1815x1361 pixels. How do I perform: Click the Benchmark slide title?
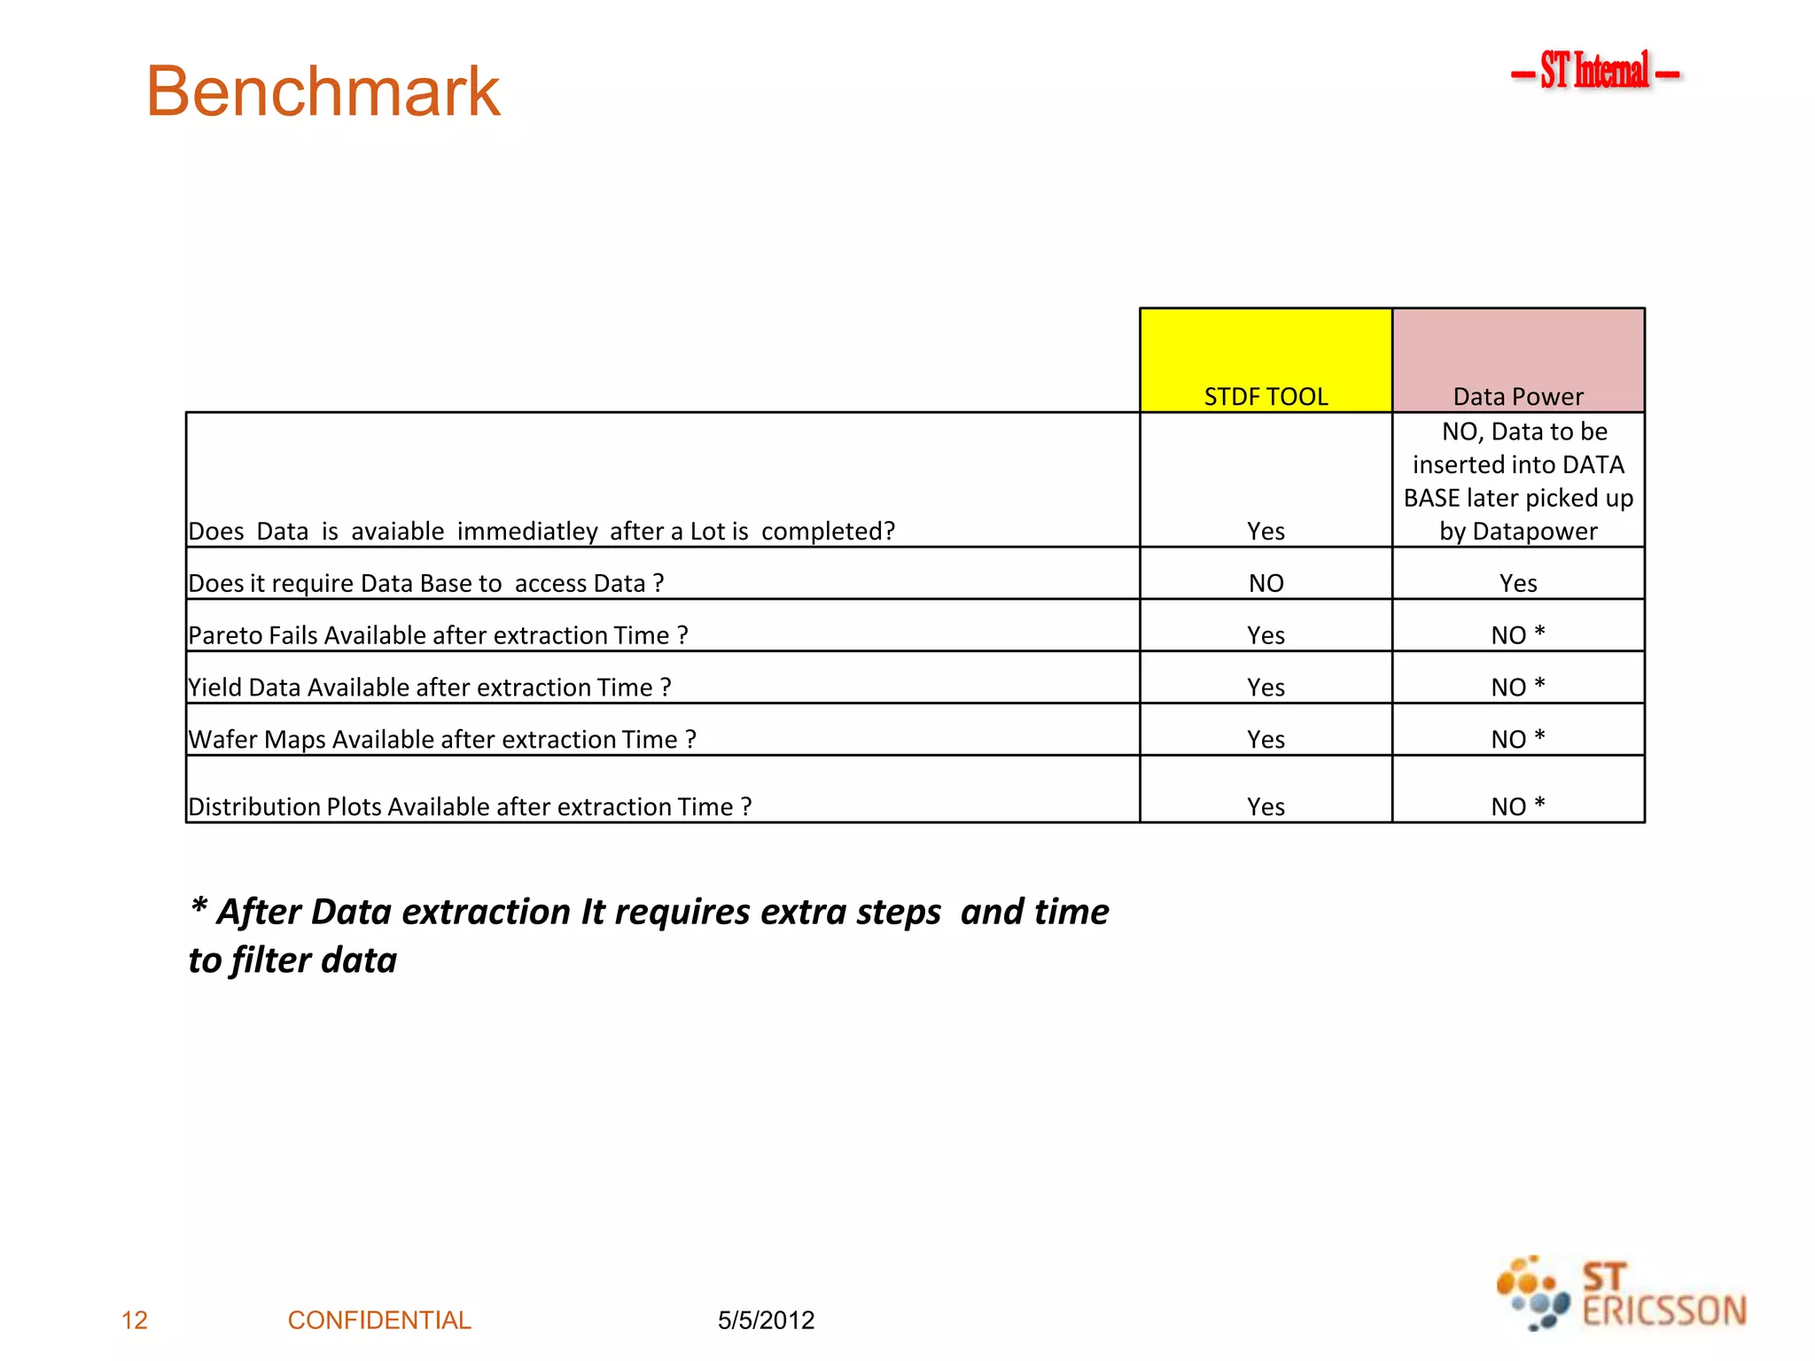(323, 91)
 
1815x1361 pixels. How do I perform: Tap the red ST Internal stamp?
(1594, 71)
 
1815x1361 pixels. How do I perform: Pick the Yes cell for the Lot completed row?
(1266, 531)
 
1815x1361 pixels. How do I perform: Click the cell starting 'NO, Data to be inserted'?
(1518, 481)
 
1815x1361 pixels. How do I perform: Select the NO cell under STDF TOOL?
(1266, 583)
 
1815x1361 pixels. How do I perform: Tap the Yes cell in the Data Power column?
(1518, 583)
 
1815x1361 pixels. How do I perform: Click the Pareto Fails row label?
(438, 635)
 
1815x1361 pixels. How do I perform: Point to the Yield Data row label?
(429, 688)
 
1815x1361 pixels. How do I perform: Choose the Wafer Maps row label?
(442, 739)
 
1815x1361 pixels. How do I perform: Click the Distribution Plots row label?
(470, 806)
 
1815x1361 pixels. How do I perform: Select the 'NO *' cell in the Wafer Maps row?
(1518, 739)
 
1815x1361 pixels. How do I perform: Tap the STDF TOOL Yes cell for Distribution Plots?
(1266, 806)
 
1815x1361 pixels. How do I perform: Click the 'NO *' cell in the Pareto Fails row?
(1518, 635)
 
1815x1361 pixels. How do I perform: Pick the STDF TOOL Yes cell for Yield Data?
(1266, 688)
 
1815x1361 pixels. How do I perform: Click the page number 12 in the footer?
(135, 1320)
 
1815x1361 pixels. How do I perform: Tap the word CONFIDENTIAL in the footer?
(379, 1320)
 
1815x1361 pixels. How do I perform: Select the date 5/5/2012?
(766, 1320)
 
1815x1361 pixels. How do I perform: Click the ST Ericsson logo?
(1621, 1294)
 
